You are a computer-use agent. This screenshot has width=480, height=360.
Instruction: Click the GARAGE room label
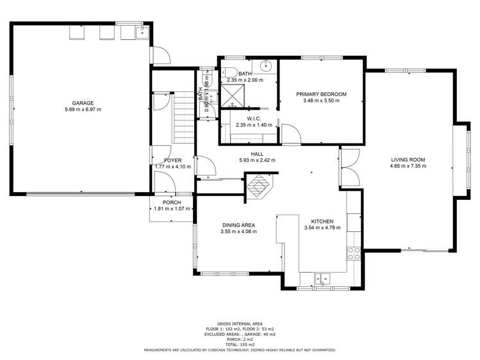click(x=83, y=103)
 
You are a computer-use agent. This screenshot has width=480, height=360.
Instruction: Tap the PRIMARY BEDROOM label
click(x=321, y=94)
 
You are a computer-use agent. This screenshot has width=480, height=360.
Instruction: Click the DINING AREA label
click(x=238, y=225)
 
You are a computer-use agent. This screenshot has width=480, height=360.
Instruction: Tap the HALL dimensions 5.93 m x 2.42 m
click(x=257, y=160)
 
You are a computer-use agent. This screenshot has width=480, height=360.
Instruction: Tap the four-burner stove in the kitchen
click(x=353, y=252)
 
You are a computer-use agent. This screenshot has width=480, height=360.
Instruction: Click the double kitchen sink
click(x=322, y=279)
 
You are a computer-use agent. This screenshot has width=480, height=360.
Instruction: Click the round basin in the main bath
click(x=265, y=65)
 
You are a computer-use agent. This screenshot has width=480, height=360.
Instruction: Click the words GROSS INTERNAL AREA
click(x=240, y=324)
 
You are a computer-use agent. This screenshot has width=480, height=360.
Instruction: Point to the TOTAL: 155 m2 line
click(x=240, y=345)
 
